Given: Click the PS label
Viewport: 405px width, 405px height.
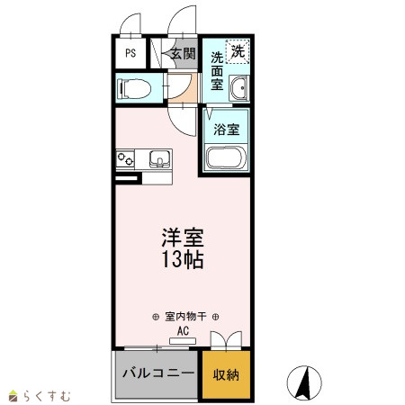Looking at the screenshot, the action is click(130, 53).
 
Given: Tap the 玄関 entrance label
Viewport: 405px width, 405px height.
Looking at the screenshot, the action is click(184, 54).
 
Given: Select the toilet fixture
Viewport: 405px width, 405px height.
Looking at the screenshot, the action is click(134, 88).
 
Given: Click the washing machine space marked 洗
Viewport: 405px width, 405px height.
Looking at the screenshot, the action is click(238, 51).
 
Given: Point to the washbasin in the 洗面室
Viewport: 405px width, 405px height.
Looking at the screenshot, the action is click(239, 88).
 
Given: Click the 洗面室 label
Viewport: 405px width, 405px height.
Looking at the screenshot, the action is click(217, 71).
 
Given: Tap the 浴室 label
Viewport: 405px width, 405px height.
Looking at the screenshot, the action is click(227, 130).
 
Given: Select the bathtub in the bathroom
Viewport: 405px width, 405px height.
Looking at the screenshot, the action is click(226, 157).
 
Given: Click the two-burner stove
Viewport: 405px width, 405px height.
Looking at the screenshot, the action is click(125, 159).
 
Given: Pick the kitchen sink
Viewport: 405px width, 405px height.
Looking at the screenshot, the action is click(160, 159).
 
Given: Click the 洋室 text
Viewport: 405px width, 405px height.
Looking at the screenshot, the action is click(183, 238).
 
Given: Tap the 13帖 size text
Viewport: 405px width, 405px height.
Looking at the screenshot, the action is click(183, 259).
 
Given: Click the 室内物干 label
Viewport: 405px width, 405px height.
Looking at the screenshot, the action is click(185, 317).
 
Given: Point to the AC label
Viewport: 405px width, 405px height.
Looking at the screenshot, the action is click(183, 331).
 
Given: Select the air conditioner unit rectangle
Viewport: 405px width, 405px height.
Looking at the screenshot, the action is click(183, 341).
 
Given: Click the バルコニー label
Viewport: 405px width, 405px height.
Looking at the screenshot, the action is click(158, 373).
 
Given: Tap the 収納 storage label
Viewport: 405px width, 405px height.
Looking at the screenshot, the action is click(226, 375).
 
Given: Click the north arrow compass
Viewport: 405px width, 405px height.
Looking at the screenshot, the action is click(304, 383).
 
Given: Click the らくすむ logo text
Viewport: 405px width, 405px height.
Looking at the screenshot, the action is click(48, 396).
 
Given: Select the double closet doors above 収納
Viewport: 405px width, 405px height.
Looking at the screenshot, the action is click(226, 340).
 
